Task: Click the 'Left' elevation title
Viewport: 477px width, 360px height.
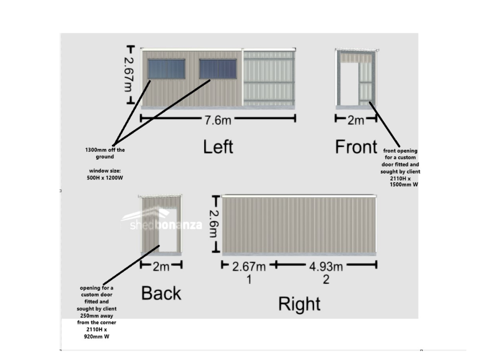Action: tap(218, 147)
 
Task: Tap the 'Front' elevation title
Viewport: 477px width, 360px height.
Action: tap(356, 147)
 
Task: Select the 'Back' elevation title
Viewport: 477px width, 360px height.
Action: tap(161, 293)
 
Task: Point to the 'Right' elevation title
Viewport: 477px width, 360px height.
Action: tap(299, 304)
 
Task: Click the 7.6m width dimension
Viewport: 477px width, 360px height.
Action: tap(218, 120)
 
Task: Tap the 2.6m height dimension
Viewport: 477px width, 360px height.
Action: tap(214, 224)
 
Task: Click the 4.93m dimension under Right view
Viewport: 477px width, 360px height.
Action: tap(326, 267)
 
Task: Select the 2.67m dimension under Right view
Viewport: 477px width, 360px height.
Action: tap(249, 267)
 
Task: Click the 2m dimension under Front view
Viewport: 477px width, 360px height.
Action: tap(355, 120)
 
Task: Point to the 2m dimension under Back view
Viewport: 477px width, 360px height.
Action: tap(161, 267)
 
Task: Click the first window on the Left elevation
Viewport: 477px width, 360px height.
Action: tap(167, 69)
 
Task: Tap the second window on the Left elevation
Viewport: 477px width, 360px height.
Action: tap(218, 69)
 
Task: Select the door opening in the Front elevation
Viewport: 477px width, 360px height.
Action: tap(349, 84)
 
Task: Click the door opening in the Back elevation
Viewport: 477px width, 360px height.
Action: tap(168, 230)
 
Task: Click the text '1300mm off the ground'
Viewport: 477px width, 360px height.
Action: tap(105, 153)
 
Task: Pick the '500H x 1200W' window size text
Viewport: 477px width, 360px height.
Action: tap(105, 178)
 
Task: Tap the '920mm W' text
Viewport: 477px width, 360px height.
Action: tap(97, 337)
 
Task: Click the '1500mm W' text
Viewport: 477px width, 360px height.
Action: tap(404, 185)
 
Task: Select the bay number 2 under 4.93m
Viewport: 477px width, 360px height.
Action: tap(326, 279)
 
